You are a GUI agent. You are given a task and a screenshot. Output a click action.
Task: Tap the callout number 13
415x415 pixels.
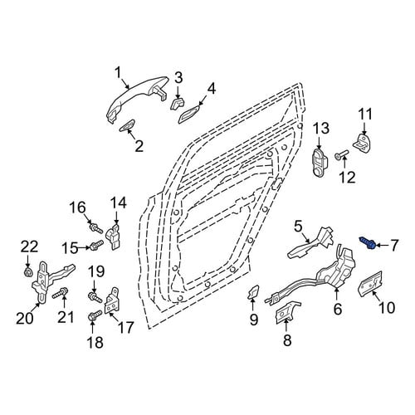(321, 129)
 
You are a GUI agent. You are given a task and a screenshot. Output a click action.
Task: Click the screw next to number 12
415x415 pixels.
(341, 155)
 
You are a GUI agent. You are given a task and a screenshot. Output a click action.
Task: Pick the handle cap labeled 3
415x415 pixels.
(178, 104)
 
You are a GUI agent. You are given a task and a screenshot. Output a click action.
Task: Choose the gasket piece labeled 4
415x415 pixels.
(190, 114)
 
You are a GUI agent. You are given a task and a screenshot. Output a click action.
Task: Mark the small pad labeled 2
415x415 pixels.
(127, 125)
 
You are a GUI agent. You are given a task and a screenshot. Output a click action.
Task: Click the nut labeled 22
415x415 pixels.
(28, 272)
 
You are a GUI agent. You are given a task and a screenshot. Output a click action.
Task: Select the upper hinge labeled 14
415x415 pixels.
(114, 237)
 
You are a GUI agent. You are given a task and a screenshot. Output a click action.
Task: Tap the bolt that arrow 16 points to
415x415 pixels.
(95, 228)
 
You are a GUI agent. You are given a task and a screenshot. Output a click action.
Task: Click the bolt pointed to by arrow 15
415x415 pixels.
(96, 245)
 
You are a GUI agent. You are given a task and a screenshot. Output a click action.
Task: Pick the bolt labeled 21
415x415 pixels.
(60, 293)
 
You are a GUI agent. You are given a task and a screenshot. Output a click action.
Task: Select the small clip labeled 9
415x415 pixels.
(253, 292)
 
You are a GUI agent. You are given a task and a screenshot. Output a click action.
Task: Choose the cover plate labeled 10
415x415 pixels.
(370, 283)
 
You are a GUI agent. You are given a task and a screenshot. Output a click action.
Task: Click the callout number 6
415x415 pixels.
(338, 309)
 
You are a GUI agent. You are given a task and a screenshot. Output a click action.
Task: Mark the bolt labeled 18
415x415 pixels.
(95, 316)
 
